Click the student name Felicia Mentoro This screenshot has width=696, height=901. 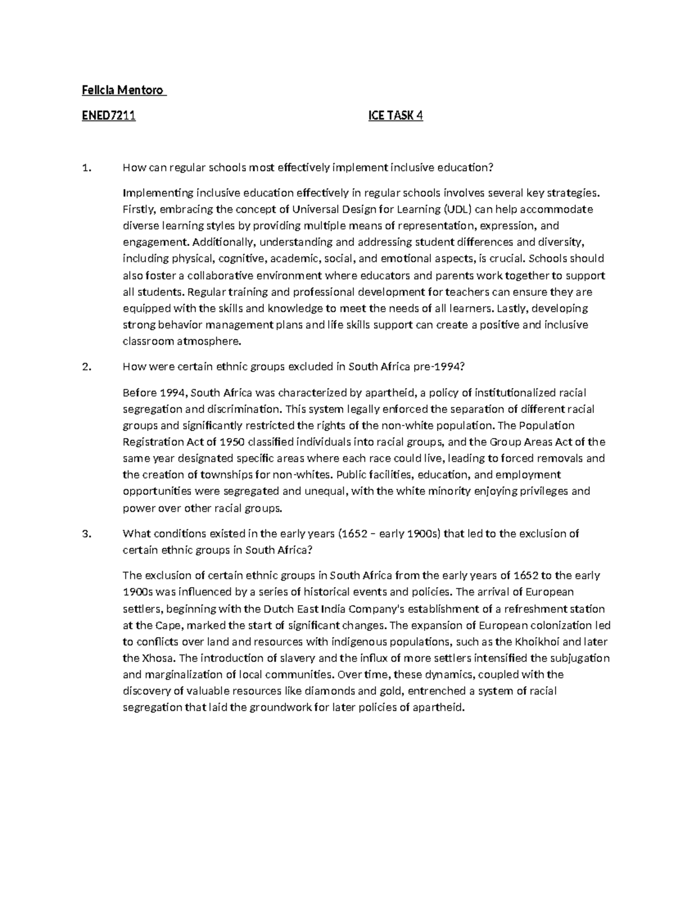click(124, 90)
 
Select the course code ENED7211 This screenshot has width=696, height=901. click(108, 115)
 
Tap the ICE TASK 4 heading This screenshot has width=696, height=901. click(396, 115)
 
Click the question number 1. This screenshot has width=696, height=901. click(86, 168)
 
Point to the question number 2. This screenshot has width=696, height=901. click(86, 367)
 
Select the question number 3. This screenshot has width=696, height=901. click(86, 534)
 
